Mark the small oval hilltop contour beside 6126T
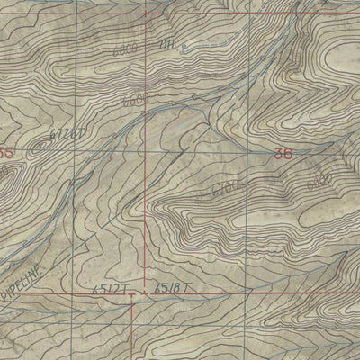41,141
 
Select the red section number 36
283,154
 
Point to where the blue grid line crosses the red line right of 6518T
245,292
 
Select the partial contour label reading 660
133,103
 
